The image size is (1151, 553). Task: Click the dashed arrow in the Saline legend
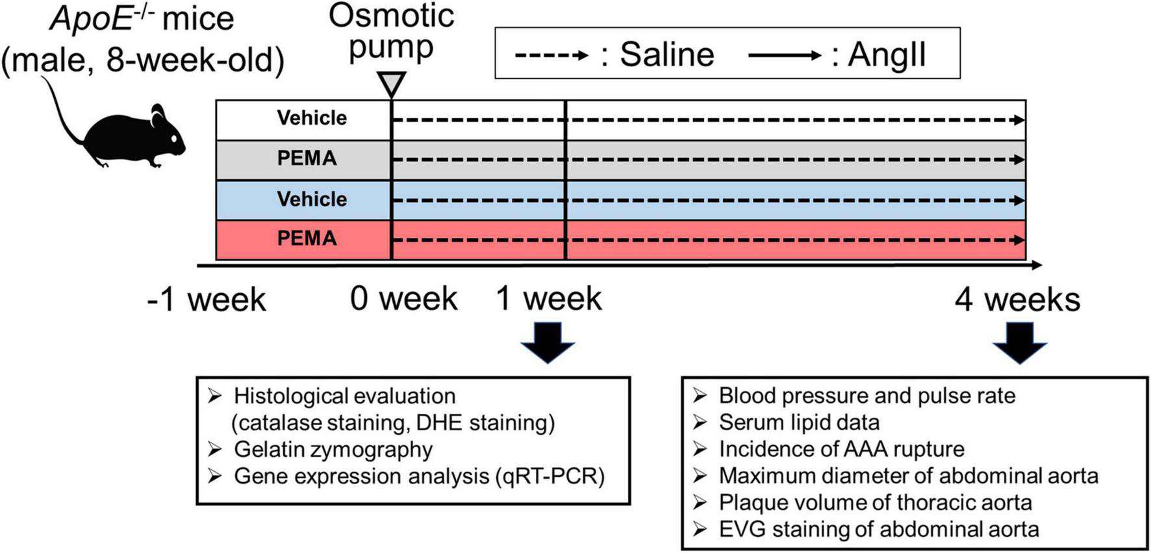coord(551,55)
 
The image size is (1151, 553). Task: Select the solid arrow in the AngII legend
coord(785,55)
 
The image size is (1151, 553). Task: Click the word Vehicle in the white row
coord(312,118)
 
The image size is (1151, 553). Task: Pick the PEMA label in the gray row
coord(307,159)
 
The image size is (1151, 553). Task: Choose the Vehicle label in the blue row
coord(312,199)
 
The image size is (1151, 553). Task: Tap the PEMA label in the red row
coord(307,238)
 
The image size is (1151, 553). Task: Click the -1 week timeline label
coord(207,300)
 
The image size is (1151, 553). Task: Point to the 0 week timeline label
coord(404,299)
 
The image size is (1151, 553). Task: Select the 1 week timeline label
coord(550,299)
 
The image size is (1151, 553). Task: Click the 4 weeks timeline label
coord(1017,300)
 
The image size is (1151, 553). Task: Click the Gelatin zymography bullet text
coord(333,450)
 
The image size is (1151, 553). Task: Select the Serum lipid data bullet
coord(799,422)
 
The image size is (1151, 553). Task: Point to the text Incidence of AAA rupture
coord(841,449)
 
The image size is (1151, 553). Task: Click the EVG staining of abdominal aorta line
coord(878,530)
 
